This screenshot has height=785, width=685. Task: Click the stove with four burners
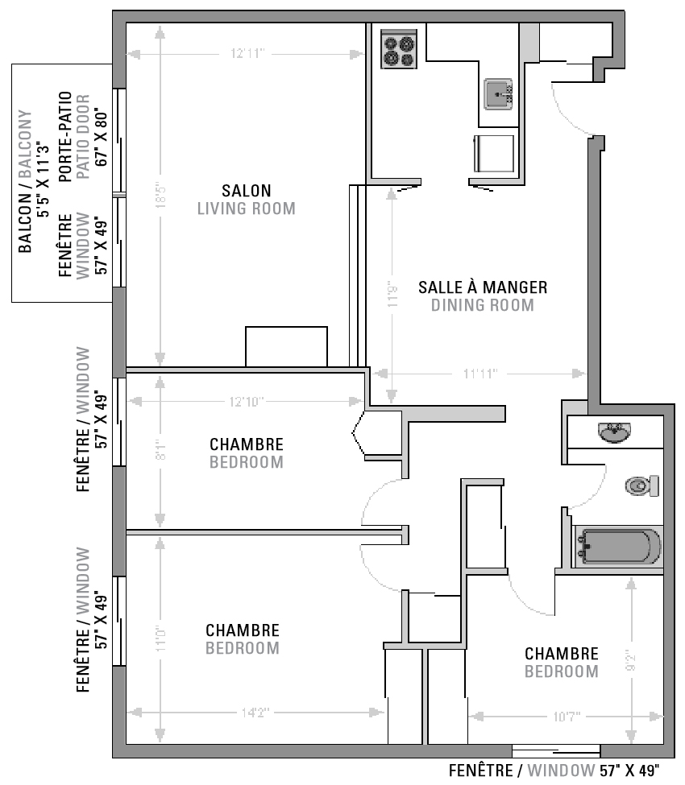398,50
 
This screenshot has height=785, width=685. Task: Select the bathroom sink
615,433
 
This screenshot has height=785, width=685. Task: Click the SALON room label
247,191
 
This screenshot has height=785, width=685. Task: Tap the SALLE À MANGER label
483,287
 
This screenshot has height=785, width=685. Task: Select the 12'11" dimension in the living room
247,54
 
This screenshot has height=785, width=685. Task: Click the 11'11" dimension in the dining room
480,374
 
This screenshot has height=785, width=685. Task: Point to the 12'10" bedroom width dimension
247,401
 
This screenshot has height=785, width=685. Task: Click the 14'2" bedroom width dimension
254,713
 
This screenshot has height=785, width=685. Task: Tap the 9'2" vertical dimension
630,660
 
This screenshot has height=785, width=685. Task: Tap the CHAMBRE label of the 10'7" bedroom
562,654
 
